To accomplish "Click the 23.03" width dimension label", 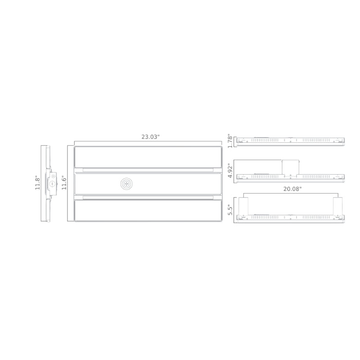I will pyautogui.click(x=150, y=137).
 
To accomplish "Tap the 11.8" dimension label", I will pyautogui.click(x=38, y=183).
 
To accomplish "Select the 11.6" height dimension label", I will pyautogui.click(x=64, y=183).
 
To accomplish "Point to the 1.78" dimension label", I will pyautogui.click(x=230, y=141).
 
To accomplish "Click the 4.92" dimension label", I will pyautogui.click(x=230, y=171).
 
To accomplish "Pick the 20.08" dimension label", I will pyautogui.click(x=292, y=189).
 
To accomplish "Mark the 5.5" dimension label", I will pyautogui.click(x=230, y=210).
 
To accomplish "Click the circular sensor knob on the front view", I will pyautogui.click(x=126, y=184).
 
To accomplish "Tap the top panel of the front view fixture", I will pyautogui.click(x=148, y=157).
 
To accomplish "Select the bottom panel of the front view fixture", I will pyautogui.click(x=148, y=210).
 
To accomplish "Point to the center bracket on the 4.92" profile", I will pyautogui.click(x=291, y=167).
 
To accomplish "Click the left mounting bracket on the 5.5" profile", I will pyautogui.click(x=243, y=206).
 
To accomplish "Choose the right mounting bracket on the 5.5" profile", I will pyautogui.click(x=337, y=206).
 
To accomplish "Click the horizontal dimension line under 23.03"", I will pyautogui.click(x=148, y=142).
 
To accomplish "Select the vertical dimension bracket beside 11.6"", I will pyautogui.click(x=68, y=183).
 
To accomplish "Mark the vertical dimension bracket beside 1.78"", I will pyautogui.click(x=234, y=141).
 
